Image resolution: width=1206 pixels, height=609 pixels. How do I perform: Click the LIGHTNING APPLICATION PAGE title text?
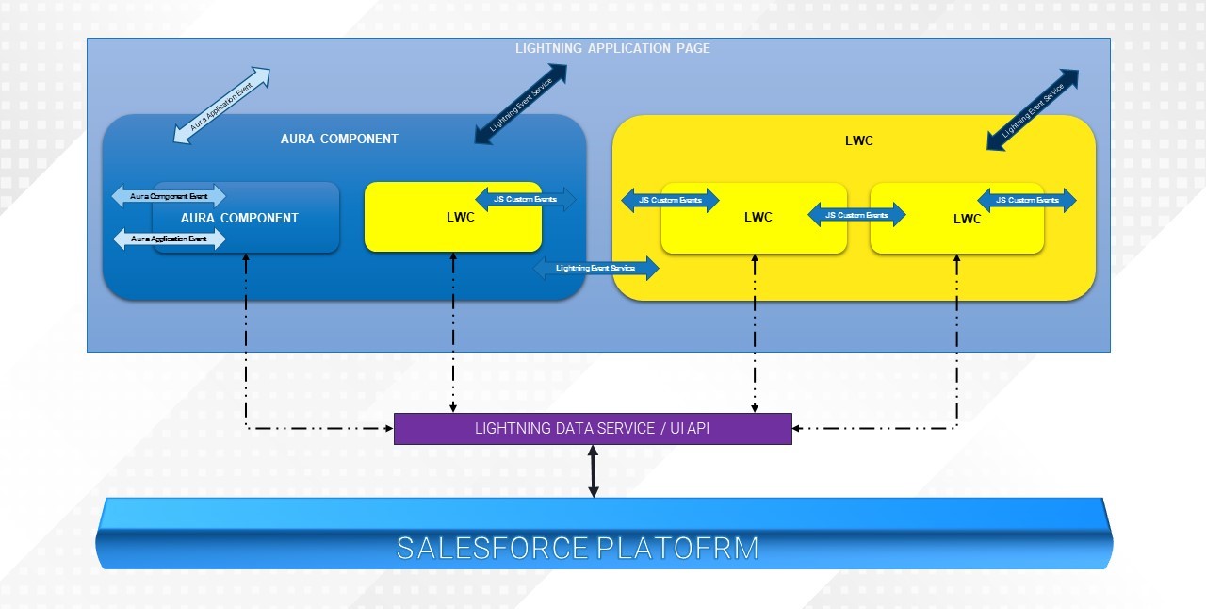tap(612, 48)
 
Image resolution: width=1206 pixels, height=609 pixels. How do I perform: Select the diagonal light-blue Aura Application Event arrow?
tap(222, 106)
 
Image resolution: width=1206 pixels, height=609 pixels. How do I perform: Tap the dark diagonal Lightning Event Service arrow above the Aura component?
tap(521, 105)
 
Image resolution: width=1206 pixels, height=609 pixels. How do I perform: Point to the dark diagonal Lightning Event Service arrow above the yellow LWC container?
tap(1032, 109)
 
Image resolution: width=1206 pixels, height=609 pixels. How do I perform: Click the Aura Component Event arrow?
tap(170, 196)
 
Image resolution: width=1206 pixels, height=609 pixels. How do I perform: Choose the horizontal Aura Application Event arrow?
tap(170, 239)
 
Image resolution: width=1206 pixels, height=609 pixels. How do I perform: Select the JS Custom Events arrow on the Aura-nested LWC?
tap(525, 200)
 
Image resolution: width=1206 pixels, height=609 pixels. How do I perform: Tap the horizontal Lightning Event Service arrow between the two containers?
tap(595, 269)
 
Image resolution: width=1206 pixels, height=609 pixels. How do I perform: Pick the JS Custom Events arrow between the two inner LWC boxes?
tap(856, 216)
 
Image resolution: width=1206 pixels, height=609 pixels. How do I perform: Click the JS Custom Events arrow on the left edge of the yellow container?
tap(670, 200)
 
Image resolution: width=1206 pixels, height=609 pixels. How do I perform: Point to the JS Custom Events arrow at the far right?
tap(1027, 200)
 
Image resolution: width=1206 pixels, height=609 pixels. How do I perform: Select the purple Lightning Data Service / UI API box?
tap(593, 429)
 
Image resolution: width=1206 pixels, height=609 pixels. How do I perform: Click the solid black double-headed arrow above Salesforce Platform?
tap(593, 471)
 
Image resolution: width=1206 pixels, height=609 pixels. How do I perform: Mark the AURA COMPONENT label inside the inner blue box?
tap(239, 218)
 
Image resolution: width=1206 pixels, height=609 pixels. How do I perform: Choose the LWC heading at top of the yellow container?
tap(859, 140)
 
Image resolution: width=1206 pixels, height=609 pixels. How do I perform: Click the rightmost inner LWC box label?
tap(967, 219)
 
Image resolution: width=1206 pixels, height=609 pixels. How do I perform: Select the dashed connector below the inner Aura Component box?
tap(246, 339)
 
